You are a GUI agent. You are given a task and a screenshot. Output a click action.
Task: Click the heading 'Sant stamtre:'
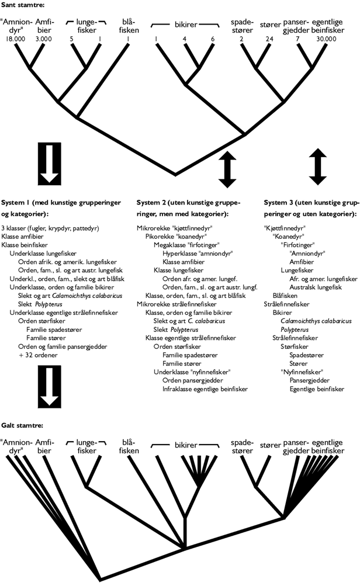click(22, 6)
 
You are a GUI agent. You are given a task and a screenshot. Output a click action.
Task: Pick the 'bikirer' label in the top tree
click(185, 26)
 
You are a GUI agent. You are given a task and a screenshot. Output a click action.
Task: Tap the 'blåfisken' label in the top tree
click(127, 26)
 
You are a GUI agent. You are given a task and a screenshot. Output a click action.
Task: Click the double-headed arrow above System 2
click(227, 167)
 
